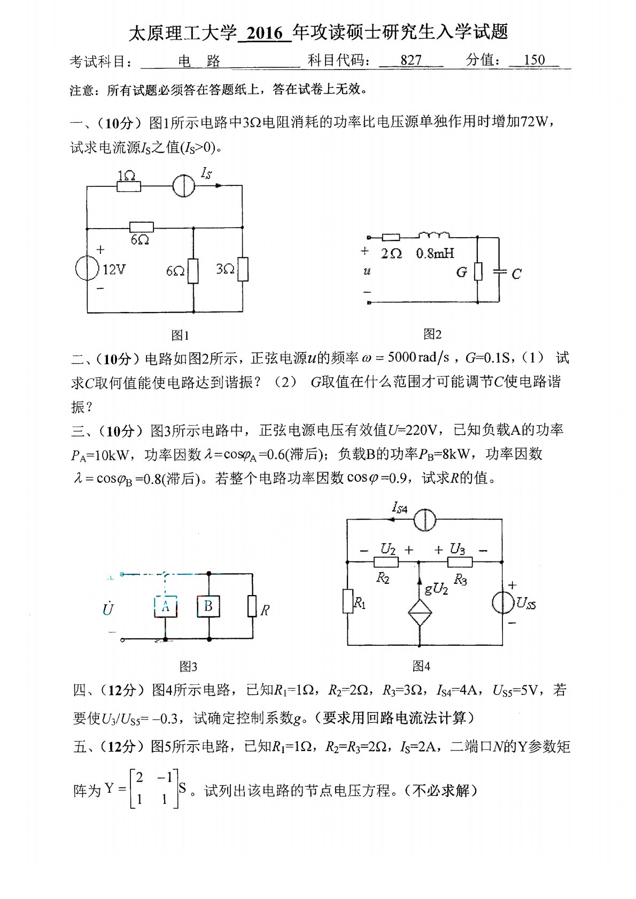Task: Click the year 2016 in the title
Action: pyautogui.click(x=265, y=33)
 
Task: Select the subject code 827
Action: pyautogui.click(x=410, y=60)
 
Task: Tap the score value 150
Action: pyautogui.click(x=534, y=60)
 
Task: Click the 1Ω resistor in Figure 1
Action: pyautogui.click(x=128, y=186)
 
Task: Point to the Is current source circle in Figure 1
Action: pyautogui.click(x=183, y=186)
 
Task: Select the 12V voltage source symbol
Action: pyautogui.click(x=87, y=268)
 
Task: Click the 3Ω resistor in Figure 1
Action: pyautogui.click(x=243, y=269)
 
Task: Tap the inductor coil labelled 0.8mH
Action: pyautogui.click(x=433, y=236)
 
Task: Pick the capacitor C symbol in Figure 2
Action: pyautogui.click(x=500, y=271)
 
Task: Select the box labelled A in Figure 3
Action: pyautogui.click(x=166, y=606)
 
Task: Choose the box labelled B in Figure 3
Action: pyautogui.click(x=208, y=606)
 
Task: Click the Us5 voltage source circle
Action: pyautogui.click(x=503, y=603)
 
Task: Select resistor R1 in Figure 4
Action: pyautogui.click(x=348, y=601)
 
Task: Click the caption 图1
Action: pyautogui.click(x=180, y=335)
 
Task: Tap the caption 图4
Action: pyautogui.click(x=421, y=666)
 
